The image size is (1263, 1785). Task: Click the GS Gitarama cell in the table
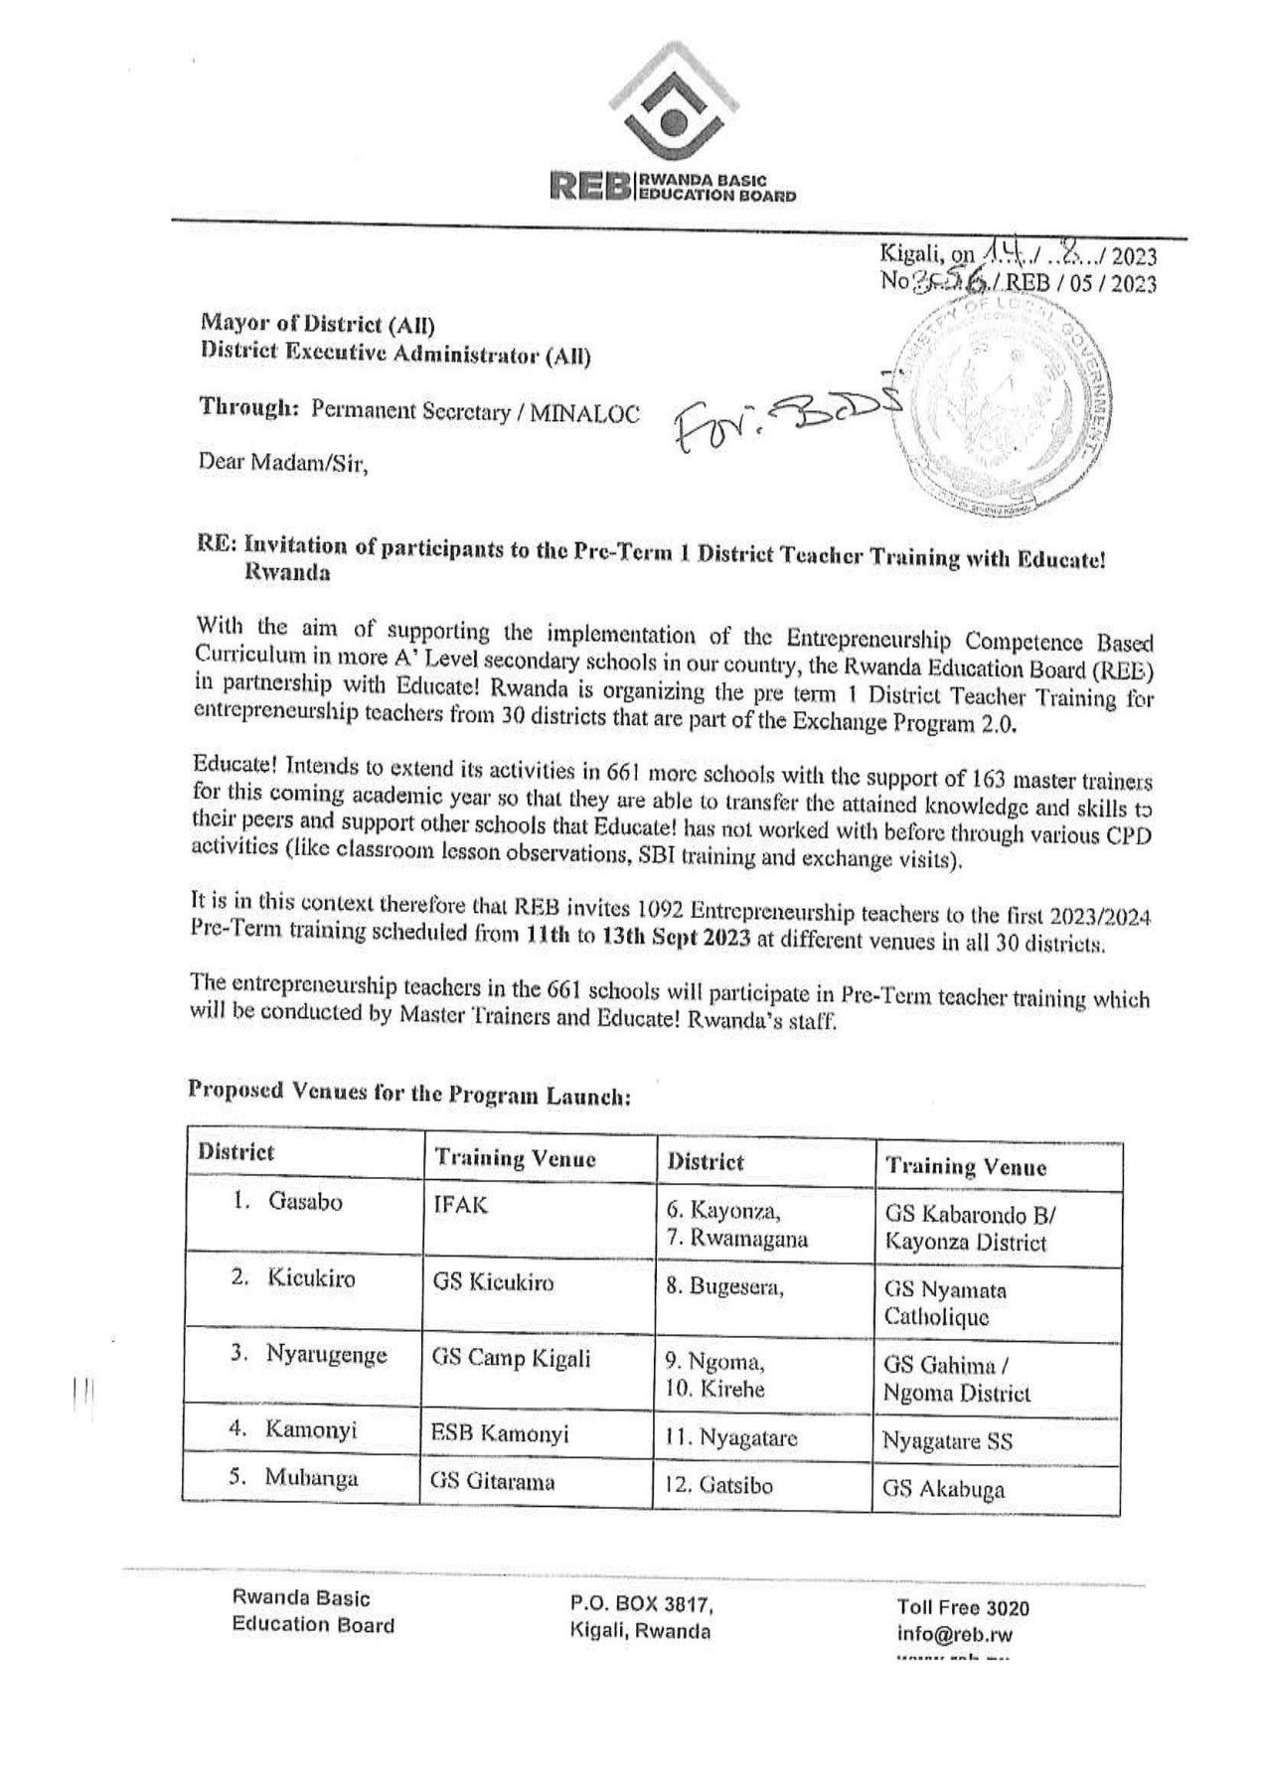pos(492,1482)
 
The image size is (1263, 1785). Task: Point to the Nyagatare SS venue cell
pos(947,1441)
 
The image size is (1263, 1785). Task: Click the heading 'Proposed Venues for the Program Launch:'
pos(407,1094)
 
